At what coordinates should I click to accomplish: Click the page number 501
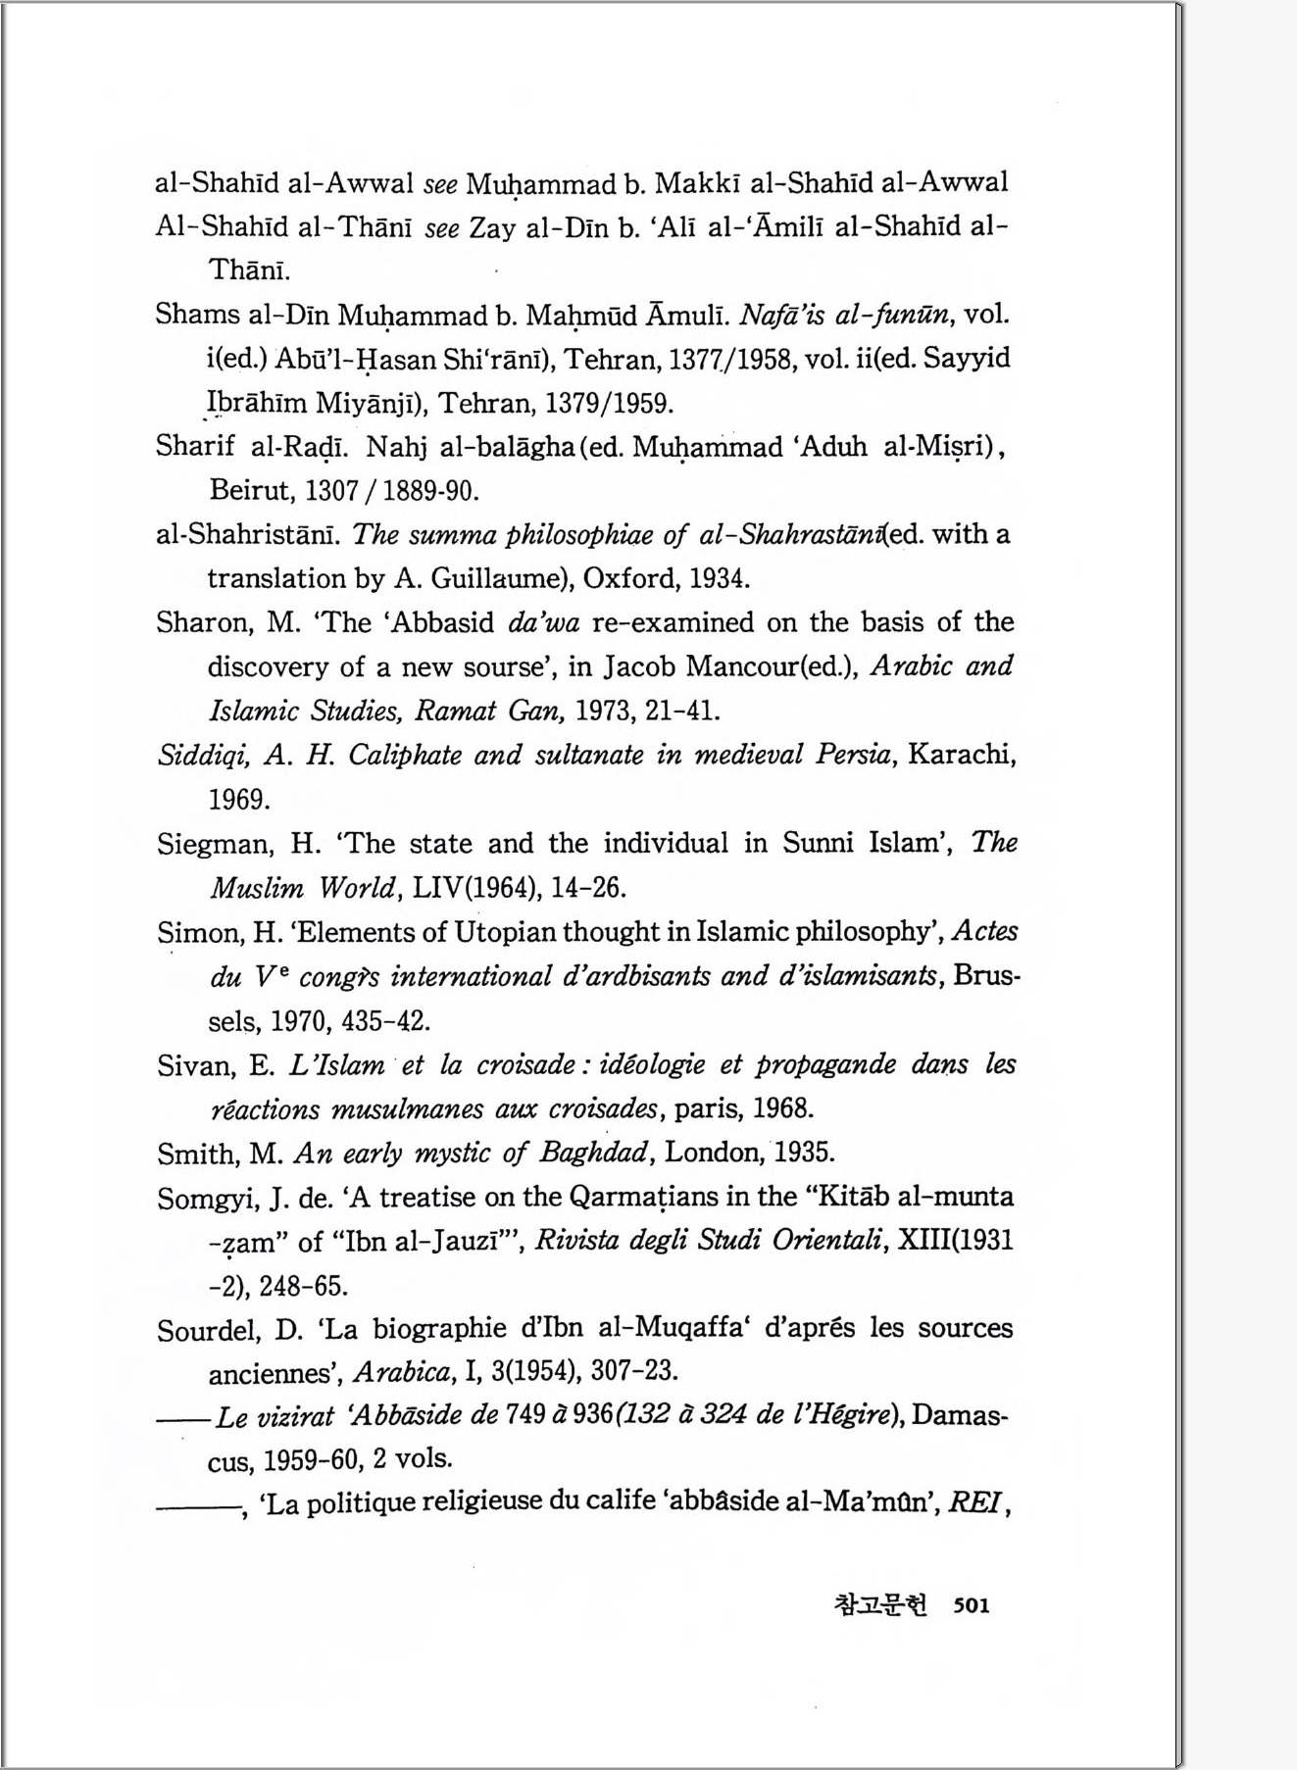click(971, 1605)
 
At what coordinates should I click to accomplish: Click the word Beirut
click(253, 489)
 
